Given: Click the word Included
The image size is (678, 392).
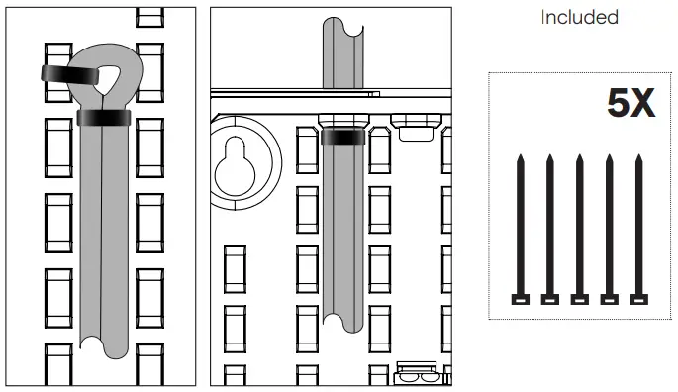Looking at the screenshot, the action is [x=579, y=17].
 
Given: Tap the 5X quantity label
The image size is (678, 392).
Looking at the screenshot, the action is [x=630, y=103].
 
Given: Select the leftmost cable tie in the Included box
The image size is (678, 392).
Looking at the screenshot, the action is [x=521, y=230].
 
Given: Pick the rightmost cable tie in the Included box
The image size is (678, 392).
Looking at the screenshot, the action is [x=638, y=230].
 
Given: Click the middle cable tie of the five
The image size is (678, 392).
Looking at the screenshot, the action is [x=579, y=230].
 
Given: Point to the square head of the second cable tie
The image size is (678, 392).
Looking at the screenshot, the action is [x=550, y=299].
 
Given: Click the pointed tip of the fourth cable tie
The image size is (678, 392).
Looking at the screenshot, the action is [x=610, y=154].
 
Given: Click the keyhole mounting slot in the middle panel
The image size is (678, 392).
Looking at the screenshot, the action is [x=235, y=166].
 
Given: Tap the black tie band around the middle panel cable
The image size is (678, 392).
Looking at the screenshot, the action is [x=343, y=137].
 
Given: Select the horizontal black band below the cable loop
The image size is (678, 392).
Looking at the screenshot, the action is [x=104, y=118].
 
